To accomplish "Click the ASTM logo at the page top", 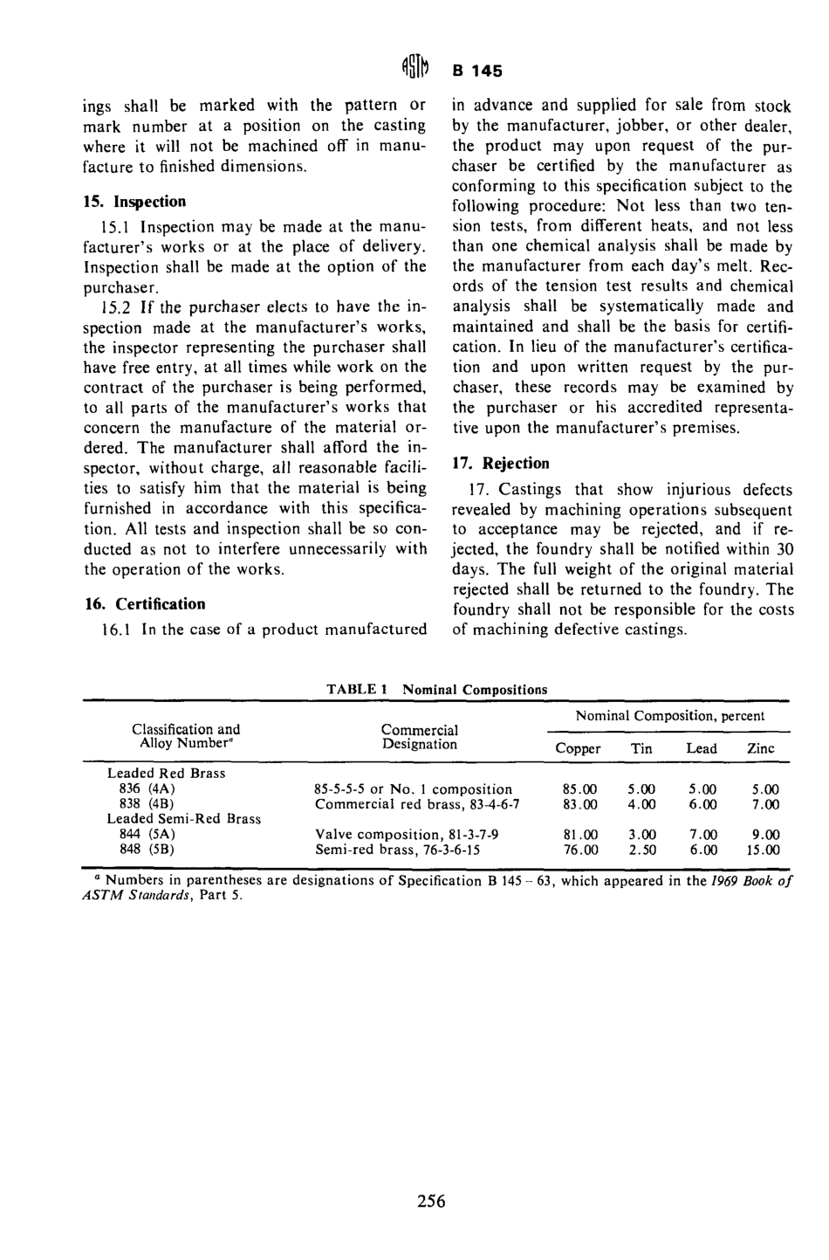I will click(415, 68).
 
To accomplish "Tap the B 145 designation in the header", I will click(479, 70).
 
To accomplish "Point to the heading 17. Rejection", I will click(501, 463).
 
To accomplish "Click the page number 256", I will click(431, 1201).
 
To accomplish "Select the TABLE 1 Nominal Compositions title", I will click(436, 689).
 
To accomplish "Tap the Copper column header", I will click(578, 748).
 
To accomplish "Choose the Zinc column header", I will click(761, 748).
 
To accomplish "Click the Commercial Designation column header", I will click(420, 737).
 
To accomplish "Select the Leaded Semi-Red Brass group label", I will click(184, 819).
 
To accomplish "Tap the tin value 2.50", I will click(641, 850).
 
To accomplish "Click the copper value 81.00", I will click(580, 834).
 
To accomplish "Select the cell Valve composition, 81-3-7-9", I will click(407, 834).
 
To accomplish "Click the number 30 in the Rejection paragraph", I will click(784, 548).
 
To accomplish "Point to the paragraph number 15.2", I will click(116, 306).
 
